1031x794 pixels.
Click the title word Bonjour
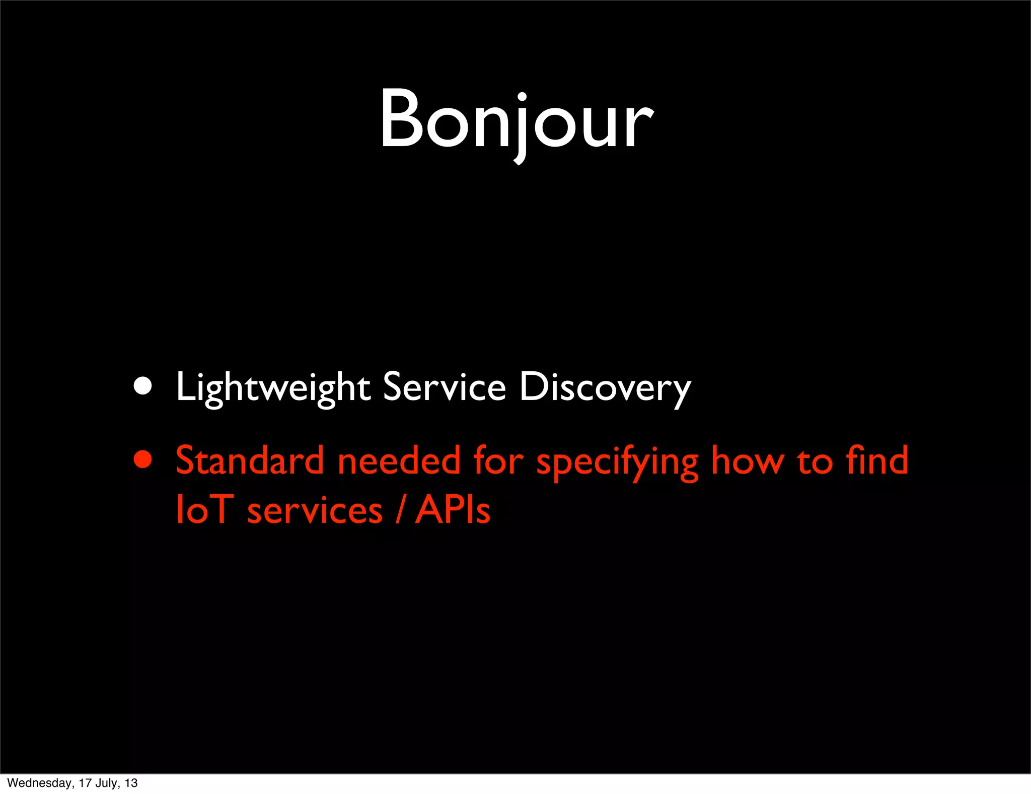[517, 121]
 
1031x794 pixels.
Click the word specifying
[617, 461]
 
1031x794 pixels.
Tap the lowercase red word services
[315, 510]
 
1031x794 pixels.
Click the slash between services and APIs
[399, 509]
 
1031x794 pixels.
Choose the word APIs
[452, 509]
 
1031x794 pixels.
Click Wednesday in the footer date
[40, 783]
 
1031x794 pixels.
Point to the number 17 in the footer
[85, 783]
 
